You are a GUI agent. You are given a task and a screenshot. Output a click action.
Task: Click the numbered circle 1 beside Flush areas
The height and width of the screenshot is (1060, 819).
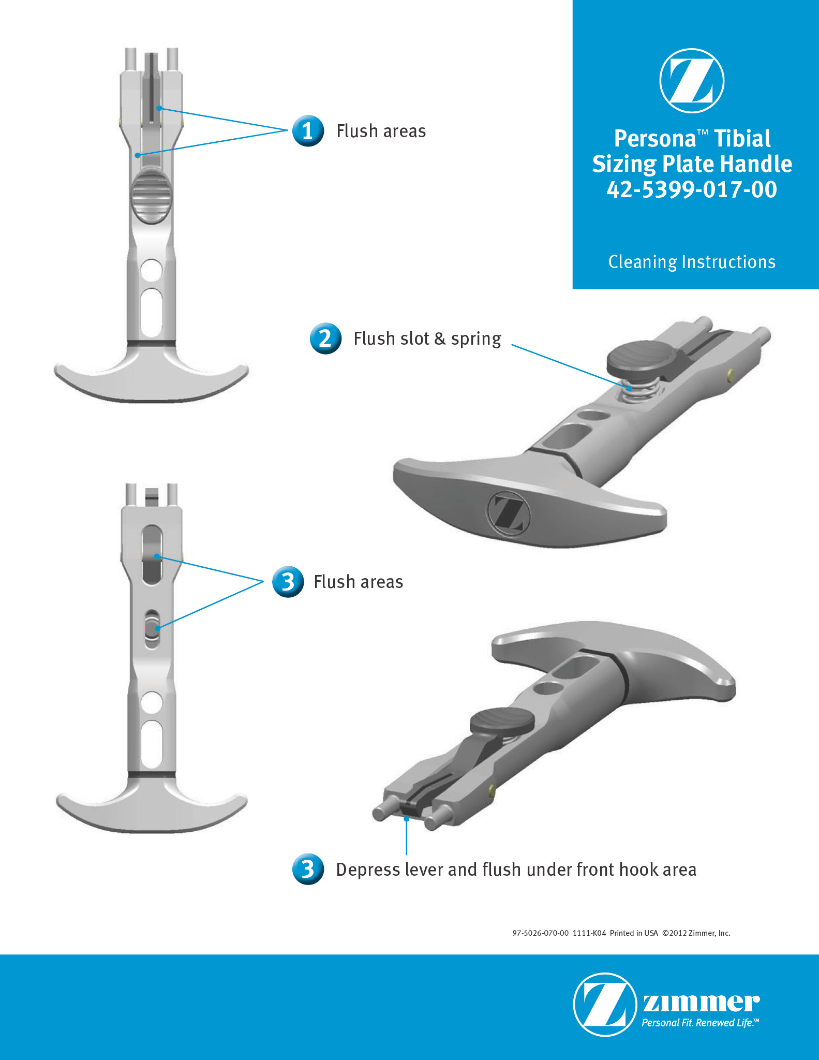tap(308, 131)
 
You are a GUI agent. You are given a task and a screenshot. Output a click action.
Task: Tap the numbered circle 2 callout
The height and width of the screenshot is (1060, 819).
tap(325, 338)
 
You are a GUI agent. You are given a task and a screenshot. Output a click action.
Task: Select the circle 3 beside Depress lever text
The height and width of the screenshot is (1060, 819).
tap(308, 869)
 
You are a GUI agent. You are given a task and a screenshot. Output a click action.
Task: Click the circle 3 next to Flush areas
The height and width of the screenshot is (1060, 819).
tap(288, 582)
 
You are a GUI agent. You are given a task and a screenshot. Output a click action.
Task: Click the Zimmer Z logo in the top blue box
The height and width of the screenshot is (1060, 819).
tap(692, 81)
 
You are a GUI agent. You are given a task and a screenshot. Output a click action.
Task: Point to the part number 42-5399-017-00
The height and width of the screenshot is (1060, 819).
tap(692, 189)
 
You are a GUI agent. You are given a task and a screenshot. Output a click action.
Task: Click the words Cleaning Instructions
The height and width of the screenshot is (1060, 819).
tap(692, 262)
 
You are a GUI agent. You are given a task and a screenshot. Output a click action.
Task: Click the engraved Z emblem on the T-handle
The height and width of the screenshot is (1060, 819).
tap(509, 513)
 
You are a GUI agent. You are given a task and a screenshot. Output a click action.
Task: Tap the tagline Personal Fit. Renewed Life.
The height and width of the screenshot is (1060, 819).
tap(701, 1023)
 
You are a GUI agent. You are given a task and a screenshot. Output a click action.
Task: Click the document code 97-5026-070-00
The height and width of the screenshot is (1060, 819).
tap(540, 933)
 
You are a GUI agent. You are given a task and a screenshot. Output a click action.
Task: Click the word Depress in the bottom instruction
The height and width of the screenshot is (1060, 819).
tap(368, 870)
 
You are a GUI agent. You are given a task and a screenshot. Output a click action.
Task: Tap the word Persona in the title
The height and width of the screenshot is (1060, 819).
tap(656, 139)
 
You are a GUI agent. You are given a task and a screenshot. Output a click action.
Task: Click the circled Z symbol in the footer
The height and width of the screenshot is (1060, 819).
tap(605, 1004)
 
